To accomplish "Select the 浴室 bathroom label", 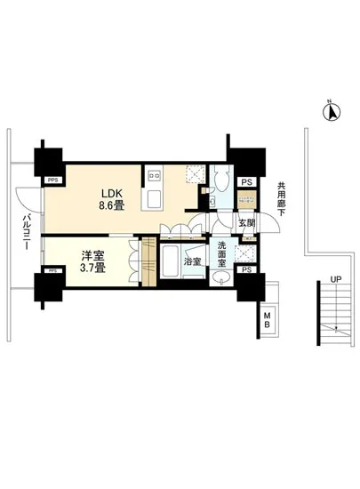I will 191,262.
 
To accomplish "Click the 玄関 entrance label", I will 246,222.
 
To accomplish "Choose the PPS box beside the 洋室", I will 52,270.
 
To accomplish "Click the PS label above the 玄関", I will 246,182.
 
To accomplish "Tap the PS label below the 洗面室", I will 246,269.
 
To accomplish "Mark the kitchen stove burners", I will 152,173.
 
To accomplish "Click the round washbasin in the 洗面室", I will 222,278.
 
